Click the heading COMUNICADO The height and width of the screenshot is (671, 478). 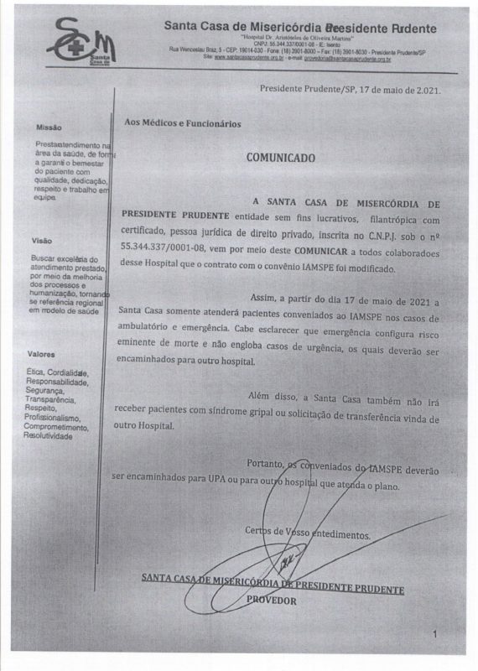280,157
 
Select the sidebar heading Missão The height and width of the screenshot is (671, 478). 49,127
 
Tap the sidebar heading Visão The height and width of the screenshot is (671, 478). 41,241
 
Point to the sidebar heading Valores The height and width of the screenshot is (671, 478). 43,354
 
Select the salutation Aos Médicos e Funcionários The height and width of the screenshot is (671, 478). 182,123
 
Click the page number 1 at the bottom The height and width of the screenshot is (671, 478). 434,635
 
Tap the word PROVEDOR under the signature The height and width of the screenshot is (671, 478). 272,600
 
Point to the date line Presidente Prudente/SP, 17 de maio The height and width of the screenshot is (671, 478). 349,88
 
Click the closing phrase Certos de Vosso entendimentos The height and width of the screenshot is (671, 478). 307,533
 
